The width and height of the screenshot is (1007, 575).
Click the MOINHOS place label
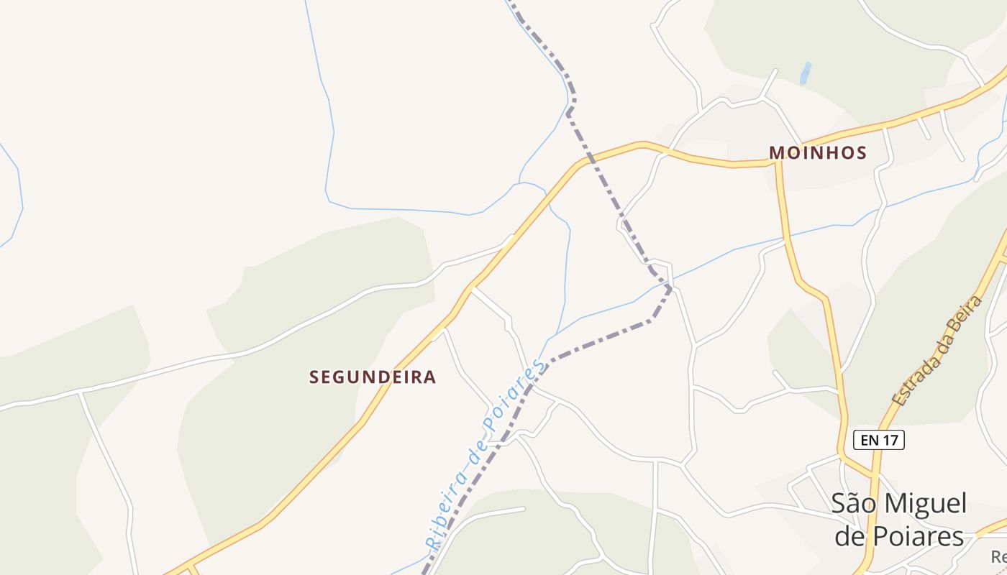click(x=818, y=152)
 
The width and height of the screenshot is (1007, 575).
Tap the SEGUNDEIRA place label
click(x=373, y=377)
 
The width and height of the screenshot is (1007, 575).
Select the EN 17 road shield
click(x=878, y=440)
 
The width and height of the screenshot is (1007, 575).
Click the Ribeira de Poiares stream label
click(x=485, y=454)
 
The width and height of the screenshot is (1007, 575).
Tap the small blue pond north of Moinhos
click(x=806, y=73)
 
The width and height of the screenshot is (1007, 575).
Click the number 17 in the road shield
click(x=890, y=440)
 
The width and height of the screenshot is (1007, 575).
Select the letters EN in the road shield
click(x=868, y=440)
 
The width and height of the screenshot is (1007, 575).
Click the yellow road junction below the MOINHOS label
click(x=777, y=164)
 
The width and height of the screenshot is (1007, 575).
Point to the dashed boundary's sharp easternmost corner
click(x=671, y=288)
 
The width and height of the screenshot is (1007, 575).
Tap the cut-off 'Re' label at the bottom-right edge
click(x=998, y=556)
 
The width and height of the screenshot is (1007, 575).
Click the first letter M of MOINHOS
click(x=776, y=152)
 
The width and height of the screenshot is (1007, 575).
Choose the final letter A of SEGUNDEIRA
click(x=429, y=377)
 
